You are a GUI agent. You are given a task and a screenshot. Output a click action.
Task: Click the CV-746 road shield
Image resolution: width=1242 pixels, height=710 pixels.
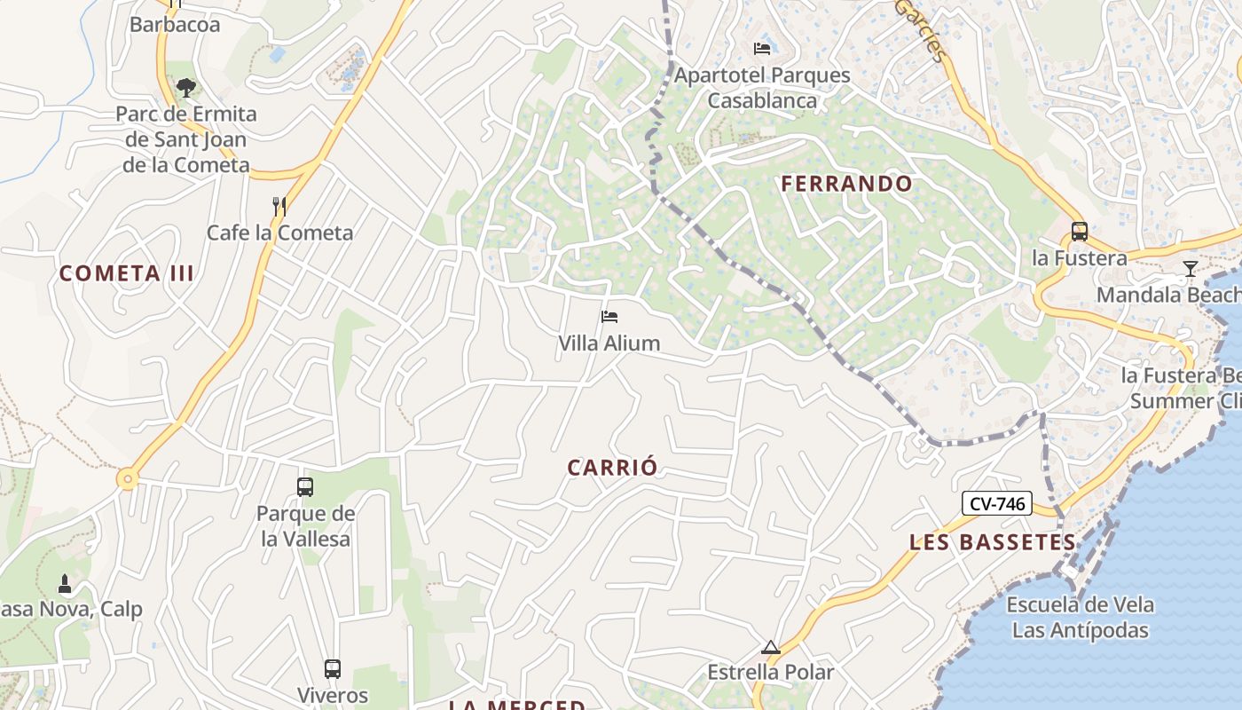(997, 504)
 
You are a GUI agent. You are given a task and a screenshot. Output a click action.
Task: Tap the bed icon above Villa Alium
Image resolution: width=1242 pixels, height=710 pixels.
(609, 317)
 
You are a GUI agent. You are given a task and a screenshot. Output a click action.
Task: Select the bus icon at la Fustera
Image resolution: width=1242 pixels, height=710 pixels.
(1079, 232)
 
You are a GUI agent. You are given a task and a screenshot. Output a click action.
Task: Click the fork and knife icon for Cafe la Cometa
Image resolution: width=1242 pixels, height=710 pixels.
(279, 207)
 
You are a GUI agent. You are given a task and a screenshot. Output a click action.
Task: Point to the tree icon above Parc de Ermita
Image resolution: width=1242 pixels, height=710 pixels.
(186, 87)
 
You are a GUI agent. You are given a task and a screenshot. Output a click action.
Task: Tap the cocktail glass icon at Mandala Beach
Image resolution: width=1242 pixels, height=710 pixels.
(1191, 268)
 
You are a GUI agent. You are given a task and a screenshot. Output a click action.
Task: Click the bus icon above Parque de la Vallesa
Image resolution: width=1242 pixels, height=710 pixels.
(305, 486)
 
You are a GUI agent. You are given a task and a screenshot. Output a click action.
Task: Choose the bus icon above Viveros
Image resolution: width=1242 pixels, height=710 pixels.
(333, 668)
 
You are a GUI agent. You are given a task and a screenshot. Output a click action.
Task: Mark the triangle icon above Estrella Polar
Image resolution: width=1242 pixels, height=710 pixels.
(770, 647)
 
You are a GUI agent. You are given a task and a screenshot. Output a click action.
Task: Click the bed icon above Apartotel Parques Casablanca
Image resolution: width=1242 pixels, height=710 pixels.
(762, 48)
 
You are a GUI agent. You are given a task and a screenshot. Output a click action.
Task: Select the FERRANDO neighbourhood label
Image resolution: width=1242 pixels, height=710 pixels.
(846, 184)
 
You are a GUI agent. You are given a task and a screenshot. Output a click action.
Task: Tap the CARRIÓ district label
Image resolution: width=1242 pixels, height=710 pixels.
(613, 468)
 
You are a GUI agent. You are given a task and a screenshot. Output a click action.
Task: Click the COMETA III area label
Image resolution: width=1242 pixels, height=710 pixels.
(127, 273)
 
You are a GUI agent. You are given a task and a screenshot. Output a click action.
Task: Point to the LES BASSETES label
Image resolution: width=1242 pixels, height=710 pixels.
(992, 542)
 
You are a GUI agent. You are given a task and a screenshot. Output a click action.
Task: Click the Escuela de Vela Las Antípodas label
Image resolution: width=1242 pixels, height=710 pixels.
(1081, 618)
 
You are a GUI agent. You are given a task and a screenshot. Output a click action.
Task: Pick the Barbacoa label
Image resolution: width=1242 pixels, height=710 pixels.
(175, 24)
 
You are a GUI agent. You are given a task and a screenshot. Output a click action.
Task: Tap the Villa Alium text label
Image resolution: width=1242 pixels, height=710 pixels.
(609, 343)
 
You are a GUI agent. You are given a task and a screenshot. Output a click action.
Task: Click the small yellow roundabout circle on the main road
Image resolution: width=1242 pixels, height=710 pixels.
(129, 479)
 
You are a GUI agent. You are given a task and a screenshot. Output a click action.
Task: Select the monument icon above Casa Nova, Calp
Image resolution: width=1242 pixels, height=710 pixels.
(64, 583)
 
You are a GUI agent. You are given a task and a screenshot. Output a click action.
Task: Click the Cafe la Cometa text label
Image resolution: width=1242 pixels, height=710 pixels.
(279, 233)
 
